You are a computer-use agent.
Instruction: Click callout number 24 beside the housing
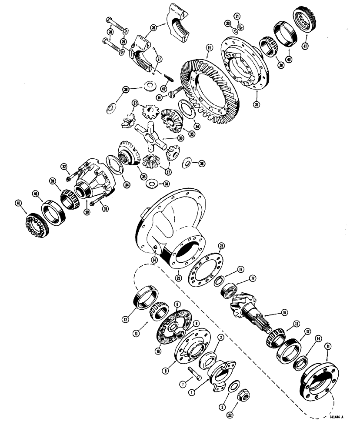coord(154,260)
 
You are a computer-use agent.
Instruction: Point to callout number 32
coord(63,166)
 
